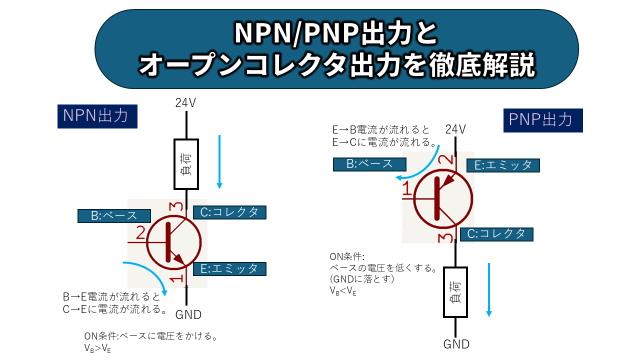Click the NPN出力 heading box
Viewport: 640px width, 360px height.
97,116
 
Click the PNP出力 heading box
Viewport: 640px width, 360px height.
542,120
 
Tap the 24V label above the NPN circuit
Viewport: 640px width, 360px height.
185,103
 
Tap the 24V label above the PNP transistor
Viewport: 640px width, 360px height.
455,129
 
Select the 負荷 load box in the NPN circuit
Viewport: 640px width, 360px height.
186,164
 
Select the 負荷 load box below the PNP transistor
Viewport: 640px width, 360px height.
455,292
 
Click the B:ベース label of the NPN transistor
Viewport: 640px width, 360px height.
114,215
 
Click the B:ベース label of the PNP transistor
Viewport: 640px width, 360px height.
369,164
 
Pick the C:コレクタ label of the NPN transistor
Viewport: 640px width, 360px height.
229,212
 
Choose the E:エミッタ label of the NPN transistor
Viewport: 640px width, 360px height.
229,268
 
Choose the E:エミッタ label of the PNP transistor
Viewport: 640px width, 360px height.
503,165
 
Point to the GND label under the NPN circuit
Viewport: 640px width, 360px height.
188,315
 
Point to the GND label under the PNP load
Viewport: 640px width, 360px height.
456,344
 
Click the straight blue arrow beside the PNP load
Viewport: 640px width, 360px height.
489,289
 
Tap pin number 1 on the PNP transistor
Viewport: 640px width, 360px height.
408,189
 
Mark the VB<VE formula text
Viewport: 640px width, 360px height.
343,290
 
